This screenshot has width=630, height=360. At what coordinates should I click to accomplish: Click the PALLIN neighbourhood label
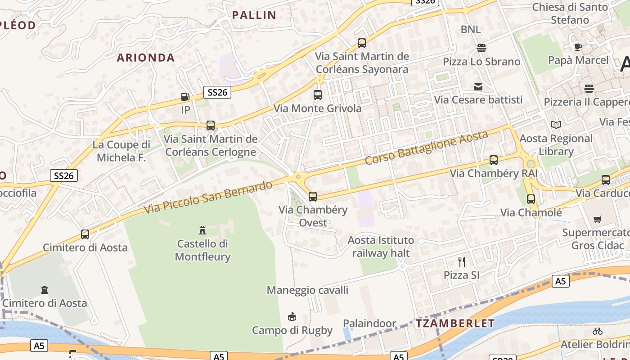tap(254, 15)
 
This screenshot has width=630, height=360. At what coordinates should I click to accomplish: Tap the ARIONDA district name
tap(145, 58)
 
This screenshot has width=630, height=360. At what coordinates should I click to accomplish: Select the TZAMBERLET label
tap(455, 323)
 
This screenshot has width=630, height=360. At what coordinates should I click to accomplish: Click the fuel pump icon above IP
tap(185, 96)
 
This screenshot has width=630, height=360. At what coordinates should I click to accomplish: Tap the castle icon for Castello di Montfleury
tap(202, 230)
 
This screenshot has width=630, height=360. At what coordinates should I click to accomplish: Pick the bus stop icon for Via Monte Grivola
tap(317, 95)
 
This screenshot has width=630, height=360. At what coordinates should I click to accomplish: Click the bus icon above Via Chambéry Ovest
tap(312, 197)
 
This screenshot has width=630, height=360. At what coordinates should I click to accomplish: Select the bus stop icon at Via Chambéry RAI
tap(494, 160)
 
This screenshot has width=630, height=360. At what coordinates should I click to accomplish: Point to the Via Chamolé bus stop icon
tap(531, 199)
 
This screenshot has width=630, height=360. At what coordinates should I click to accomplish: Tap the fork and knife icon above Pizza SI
tap(461, 262)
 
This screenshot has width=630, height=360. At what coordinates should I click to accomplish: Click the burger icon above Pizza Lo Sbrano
tap(481, 48)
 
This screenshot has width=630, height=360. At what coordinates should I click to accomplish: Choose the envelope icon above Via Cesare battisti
tap(478, 87)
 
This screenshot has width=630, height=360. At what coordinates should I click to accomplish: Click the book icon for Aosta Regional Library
tap(556, 125)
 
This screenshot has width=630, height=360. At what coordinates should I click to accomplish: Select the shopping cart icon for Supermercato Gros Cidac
tap(597, 220)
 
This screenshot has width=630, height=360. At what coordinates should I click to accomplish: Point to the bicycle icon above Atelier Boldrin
tap(597, 331)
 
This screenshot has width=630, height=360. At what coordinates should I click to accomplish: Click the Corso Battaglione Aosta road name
tap(426, 148)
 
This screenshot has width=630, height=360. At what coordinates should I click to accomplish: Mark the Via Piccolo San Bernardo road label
tap(208, 197)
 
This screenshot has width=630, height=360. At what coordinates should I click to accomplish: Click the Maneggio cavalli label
tap(307, 290)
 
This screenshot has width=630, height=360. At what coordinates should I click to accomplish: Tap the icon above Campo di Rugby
tap(292, 317)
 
